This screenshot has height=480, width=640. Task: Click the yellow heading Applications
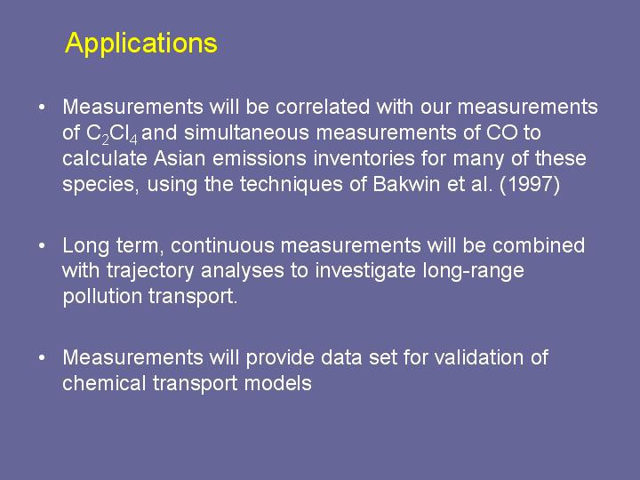(141, 44)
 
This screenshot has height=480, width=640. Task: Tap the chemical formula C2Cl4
(112, 134)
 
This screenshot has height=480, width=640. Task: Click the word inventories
(364, 158)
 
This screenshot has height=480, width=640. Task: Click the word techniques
(291, 185)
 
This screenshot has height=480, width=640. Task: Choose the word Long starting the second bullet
(85, 246)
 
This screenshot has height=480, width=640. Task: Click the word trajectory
(150, 271)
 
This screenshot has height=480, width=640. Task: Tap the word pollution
(102, 296)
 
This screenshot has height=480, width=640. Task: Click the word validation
(479, 357)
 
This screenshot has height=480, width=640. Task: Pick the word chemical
(104, 383)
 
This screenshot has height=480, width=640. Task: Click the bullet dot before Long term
(41, 245)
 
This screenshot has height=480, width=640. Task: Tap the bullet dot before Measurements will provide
(41, 358)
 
